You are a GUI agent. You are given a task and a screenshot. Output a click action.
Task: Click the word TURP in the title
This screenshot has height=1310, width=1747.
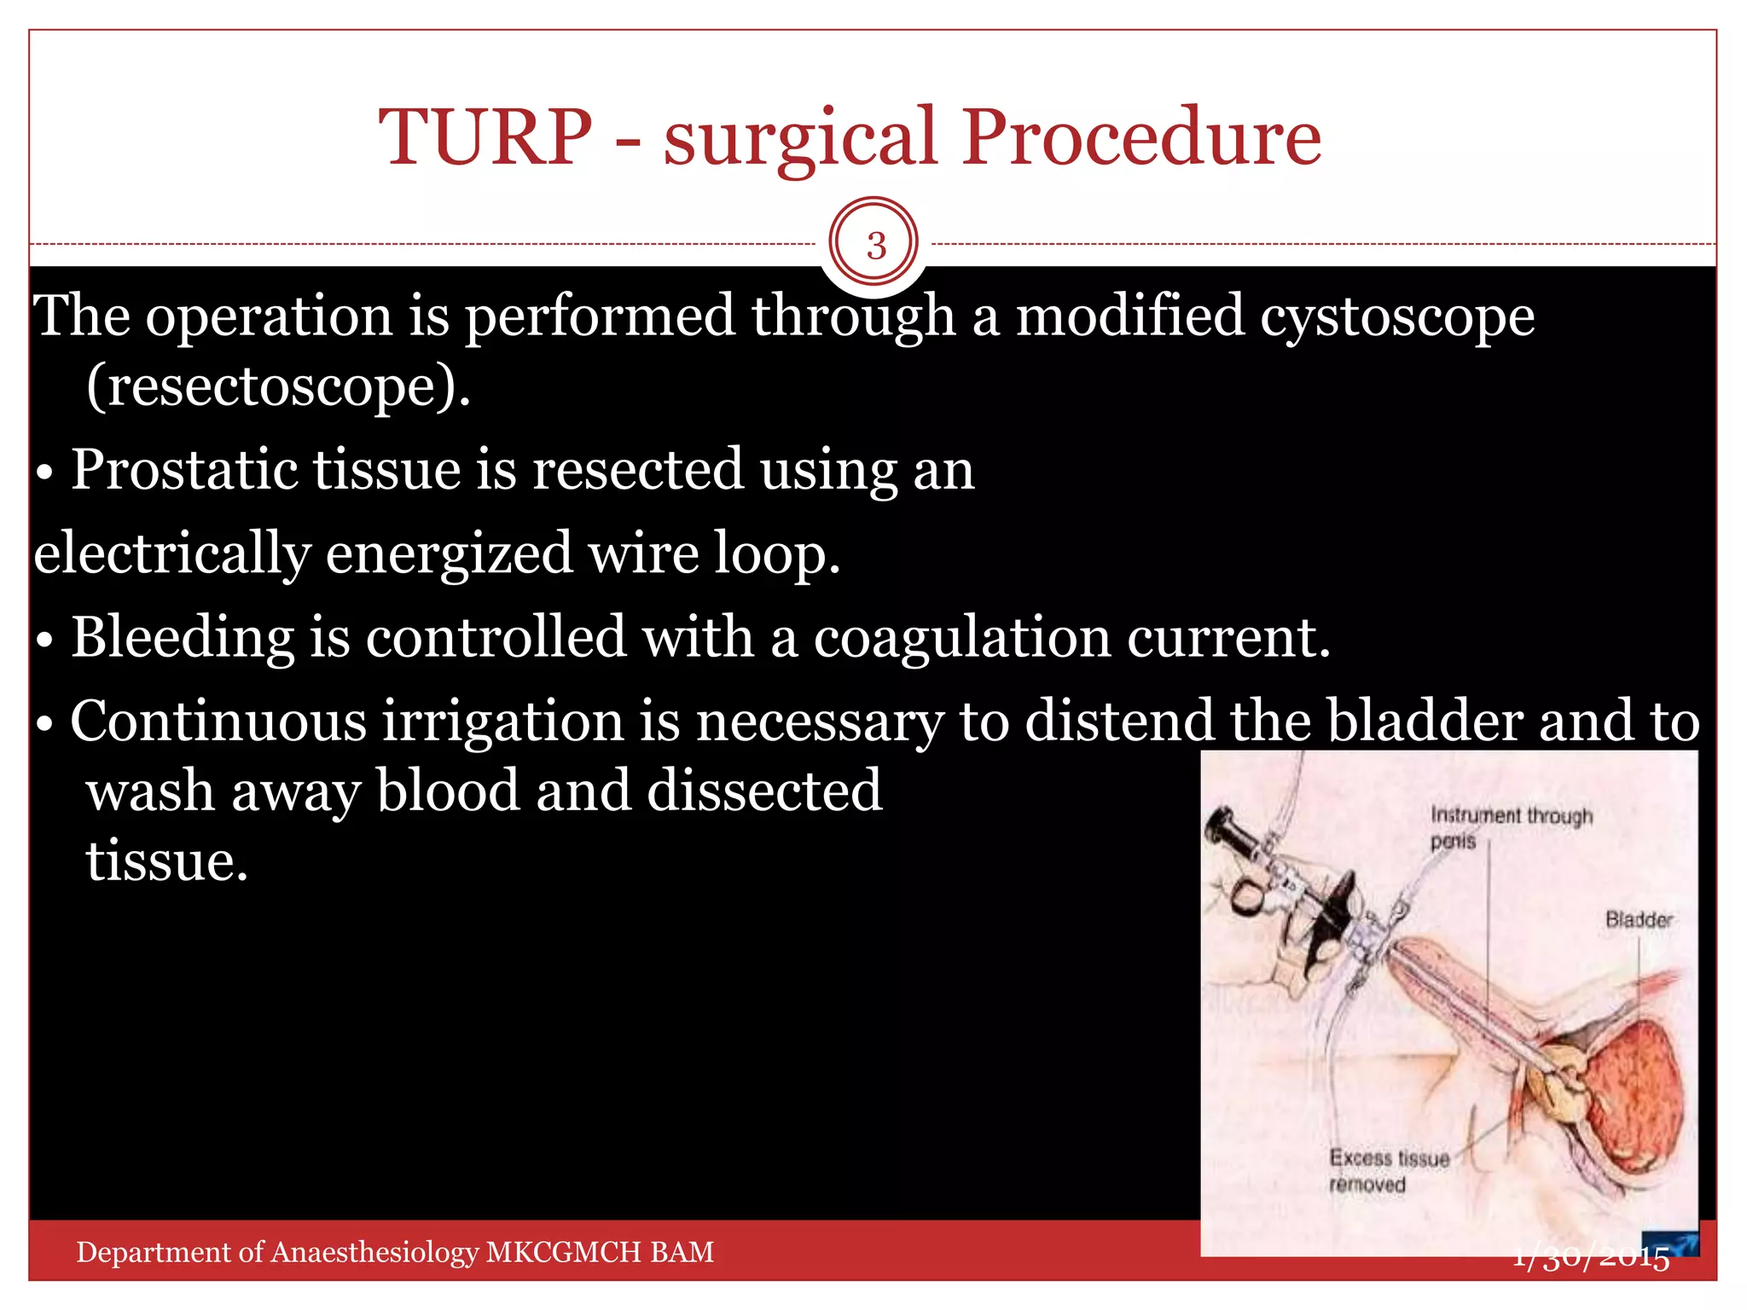[485, 136]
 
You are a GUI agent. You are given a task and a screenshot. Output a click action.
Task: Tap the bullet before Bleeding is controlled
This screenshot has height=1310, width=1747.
[45, 641]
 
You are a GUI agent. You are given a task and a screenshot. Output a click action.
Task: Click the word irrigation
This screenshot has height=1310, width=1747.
[502, 722]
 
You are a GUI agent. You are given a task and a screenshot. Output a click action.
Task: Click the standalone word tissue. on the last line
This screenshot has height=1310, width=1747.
[166, 861]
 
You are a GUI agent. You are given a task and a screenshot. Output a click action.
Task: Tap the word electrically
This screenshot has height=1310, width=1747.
[171, 554]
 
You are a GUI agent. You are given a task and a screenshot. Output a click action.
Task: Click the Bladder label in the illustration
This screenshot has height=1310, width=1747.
[1638, 920]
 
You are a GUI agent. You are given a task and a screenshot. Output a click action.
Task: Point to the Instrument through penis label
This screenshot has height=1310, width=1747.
[1510, 827]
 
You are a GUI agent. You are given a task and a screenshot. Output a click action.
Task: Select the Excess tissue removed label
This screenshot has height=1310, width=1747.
[1388, 1171]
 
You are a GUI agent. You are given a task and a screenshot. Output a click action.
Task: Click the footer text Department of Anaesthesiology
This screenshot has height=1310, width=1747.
[394, 1252]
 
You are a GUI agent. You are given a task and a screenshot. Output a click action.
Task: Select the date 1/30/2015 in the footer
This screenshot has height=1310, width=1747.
[1591, 1258]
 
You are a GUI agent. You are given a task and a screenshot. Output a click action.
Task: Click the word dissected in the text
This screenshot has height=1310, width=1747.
[764, 791]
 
